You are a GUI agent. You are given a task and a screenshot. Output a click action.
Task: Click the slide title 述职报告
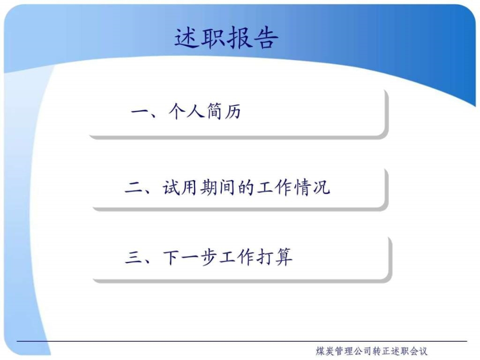pos(226,37)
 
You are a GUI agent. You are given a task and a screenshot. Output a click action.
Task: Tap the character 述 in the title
pos(187,37)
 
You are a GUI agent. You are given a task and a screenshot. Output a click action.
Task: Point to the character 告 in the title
pos(266,37)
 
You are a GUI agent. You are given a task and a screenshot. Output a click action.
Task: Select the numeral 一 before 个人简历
pos(139,113)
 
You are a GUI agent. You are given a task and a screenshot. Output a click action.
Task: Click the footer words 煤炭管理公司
pos(343,351)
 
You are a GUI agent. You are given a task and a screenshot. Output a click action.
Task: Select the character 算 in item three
pos(285,257)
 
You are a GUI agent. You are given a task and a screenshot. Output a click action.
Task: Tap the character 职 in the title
pos(213,37)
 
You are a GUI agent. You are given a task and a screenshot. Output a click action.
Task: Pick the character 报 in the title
pos(239,37)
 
